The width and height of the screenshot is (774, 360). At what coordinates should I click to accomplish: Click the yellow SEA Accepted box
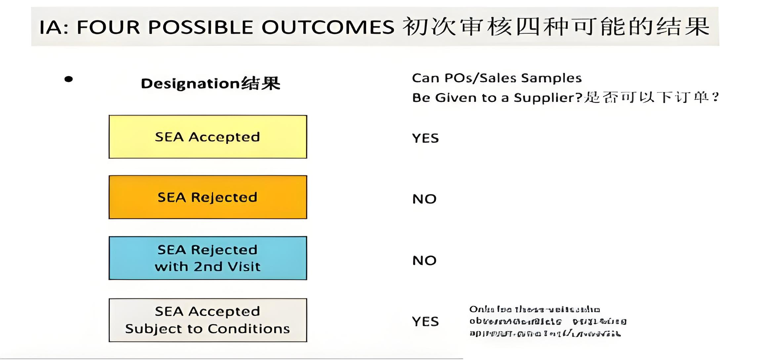208,137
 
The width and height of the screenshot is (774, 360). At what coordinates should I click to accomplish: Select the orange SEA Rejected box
208,197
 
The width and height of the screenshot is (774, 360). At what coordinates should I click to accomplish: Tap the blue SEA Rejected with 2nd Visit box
208,258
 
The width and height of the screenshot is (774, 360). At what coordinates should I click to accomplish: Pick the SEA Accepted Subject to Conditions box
208,320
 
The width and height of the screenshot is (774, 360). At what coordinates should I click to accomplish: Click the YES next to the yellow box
425,138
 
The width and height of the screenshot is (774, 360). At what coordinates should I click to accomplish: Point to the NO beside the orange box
424,199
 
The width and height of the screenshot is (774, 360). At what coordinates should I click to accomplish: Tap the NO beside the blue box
424,261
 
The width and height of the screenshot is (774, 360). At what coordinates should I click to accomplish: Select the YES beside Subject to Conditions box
425,322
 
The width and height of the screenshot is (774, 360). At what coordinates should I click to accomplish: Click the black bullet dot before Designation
68,79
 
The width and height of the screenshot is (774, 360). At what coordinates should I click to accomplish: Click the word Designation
190,84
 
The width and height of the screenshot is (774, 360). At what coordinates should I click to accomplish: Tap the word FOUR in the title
108,27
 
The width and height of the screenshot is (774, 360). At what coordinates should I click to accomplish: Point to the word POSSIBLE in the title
201,27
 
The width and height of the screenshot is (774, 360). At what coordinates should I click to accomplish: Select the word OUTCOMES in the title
328,27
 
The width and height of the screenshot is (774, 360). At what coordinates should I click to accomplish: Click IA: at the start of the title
54,27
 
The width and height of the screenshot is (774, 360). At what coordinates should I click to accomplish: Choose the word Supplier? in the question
548,98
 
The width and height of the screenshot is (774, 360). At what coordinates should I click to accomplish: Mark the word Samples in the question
551,78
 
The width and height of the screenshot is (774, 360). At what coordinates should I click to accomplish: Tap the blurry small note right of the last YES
547,321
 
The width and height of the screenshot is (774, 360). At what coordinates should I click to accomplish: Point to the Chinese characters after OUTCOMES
556,26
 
